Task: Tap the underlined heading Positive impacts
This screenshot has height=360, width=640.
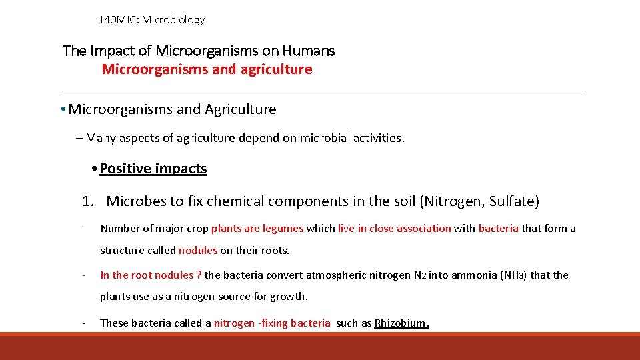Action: pos(153,169)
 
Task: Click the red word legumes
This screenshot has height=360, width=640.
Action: pos(283,228)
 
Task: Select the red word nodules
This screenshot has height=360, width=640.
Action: pos(198,250)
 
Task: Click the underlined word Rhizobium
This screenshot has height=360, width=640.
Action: pos(401,323)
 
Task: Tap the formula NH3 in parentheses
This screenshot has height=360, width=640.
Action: pos(512,275)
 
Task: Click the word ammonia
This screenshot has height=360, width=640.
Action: pos(475,275)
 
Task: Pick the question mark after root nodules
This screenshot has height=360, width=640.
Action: pos(199,275)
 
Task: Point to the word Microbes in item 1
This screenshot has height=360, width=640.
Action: pos(135,201)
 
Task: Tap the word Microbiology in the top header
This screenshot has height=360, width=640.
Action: pos(173,20)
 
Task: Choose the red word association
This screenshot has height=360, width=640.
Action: pos(423,228)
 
